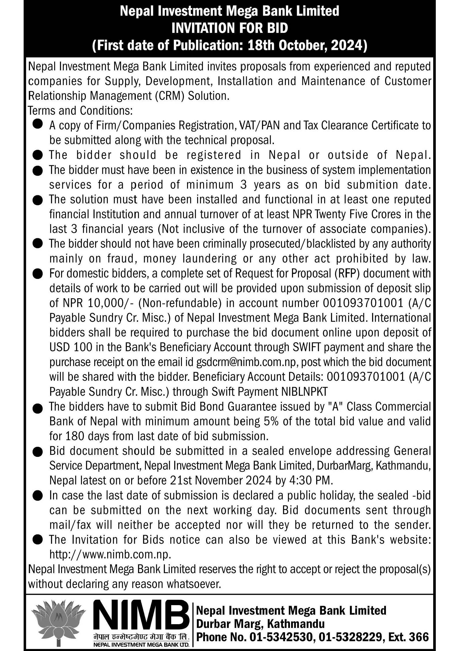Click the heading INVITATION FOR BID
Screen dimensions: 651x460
point(230,28)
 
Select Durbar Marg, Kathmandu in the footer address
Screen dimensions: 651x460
point(260,624)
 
